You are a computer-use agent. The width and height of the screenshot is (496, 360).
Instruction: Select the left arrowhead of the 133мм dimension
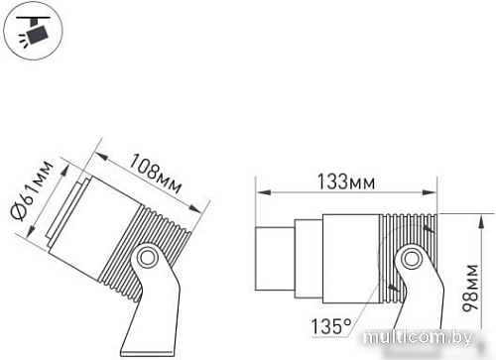click(259, 191)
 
